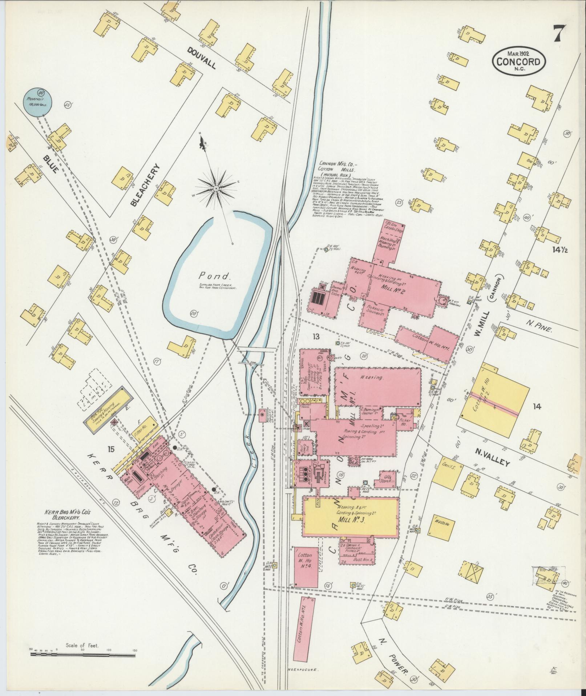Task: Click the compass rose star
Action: (216, 188)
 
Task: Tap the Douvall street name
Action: (201, 58)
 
